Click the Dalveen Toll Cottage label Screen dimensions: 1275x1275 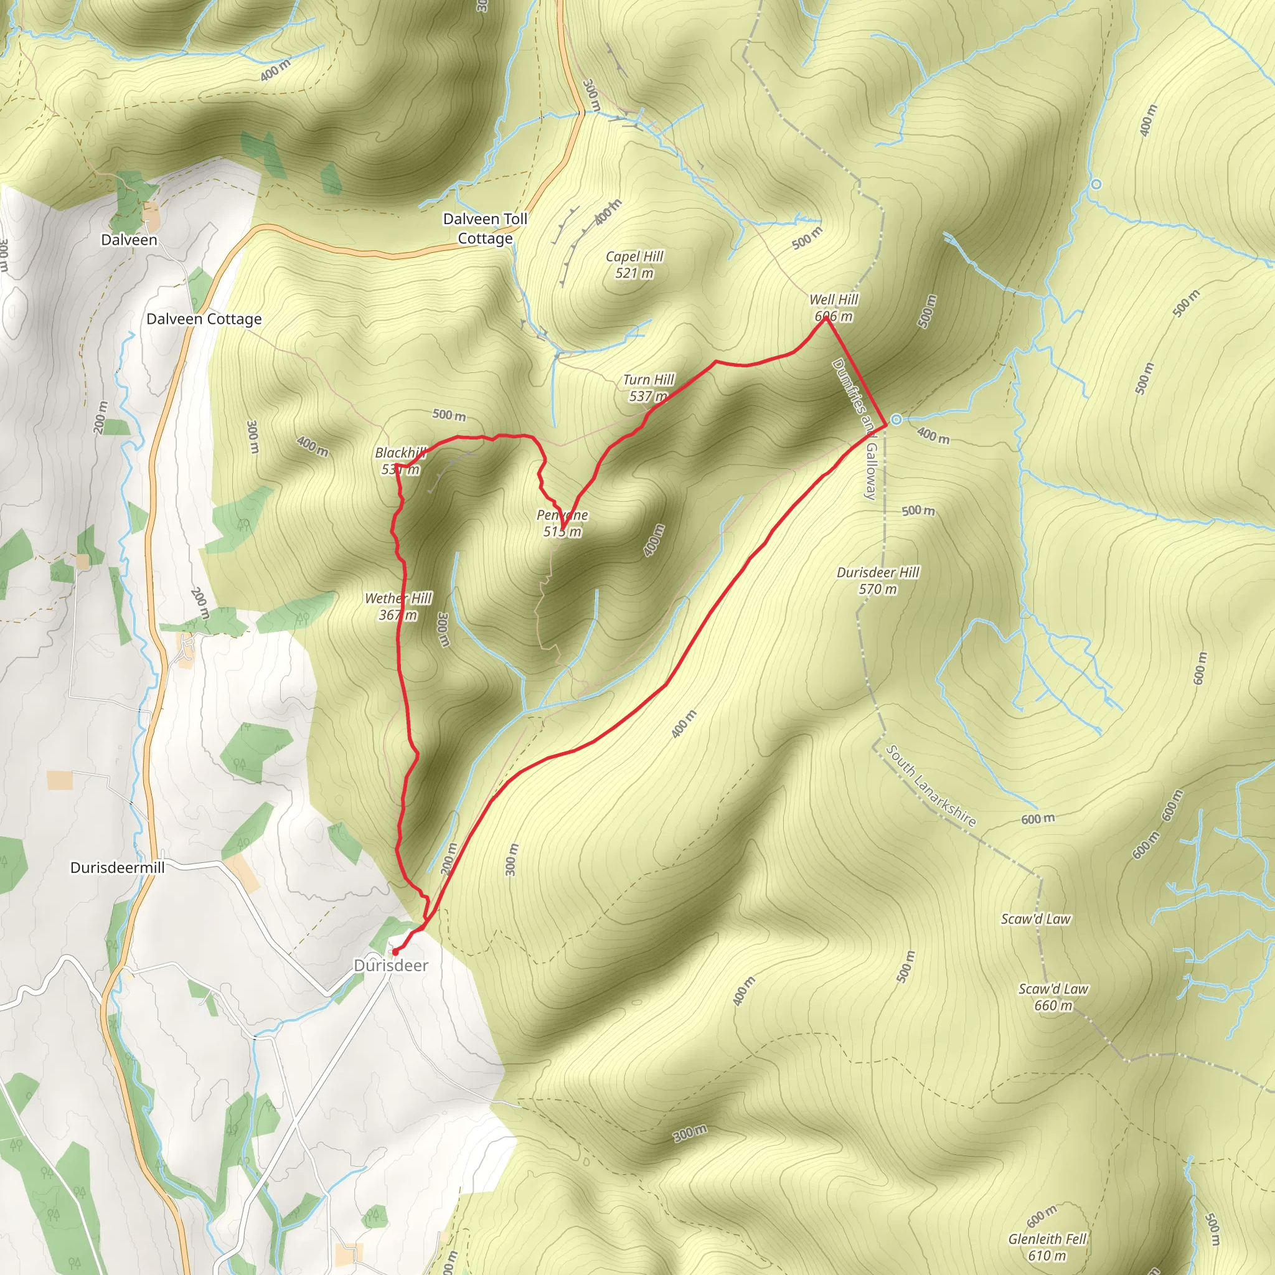[x=485, y=228]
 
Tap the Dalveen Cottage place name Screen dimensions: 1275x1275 [x=204, y=319]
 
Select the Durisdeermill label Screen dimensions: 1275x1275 [x=118, y=867]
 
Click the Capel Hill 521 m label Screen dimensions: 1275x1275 [x=634, y=265]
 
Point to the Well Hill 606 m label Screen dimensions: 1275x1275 [x=834, y=308]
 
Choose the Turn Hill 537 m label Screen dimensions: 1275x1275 [x=648, y=387]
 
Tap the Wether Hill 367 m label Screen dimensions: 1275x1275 [x=398, y=606]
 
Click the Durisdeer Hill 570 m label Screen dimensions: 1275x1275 [x=878, y=580]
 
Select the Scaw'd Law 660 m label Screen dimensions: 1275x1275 [x=1053, y=997]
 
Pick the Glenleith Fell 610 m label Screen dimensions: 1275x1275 [x=1047, y=1247]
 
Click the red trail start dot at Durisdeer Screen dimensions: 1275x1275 [x=395, y=952]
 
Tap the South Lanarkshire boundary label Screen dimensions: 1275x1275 [x=930, y=785]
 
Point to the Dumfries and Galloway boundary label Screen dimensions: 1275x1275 [x=855, y=429]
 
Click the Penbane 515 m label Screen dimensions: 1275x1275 [x=562, y=523]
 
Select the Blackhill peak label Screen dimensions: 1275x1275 [x=400, y=461]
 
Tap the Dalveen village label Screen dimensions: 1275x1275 [x=129, y=240]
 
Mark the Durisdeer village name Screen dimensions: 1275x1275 [x=391, y=966]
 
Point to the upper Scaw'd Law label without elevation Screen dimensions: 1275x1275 [x=1035, y=919]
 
